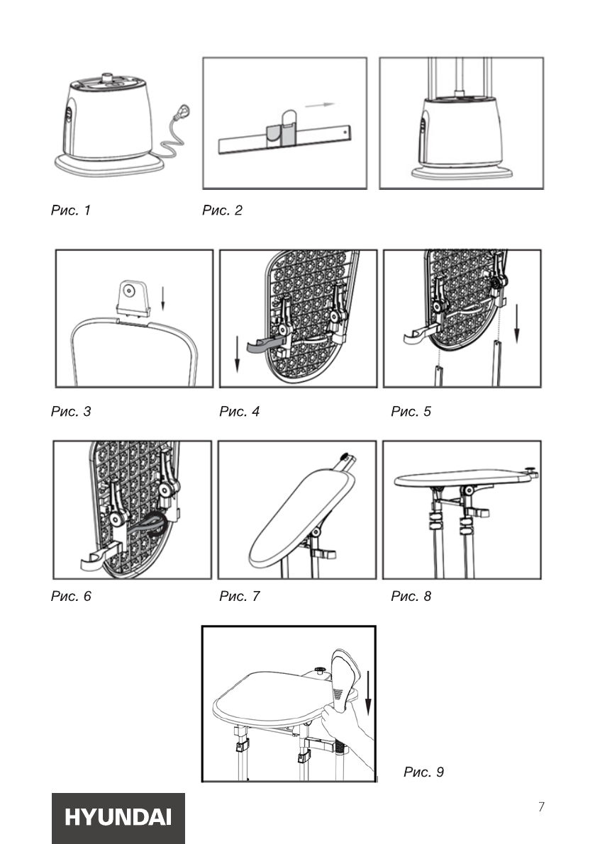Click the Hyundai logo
click(118, 817)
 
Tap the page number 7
click(541, 806)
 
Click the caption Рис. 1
click(70, 210)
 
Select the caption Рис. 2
click(222, 210)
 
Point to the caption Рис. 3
click(71, 411)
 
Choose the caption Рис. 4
click(239, 411)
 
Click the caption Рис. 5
click(411, 411)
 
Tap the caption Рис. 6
click(71, 596)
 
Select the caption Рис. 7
click(239, 596)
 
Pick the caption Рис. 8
click(411, 596)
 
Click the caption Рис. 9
click(424, 772)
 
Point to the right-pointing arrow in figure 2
click(321, 105)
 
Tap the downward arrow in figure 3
click(162, 299)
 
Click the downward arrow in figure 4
click(237, 354)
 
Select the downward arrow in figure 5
click(517, 324)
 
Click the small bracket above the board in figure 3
click(133, 297)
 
